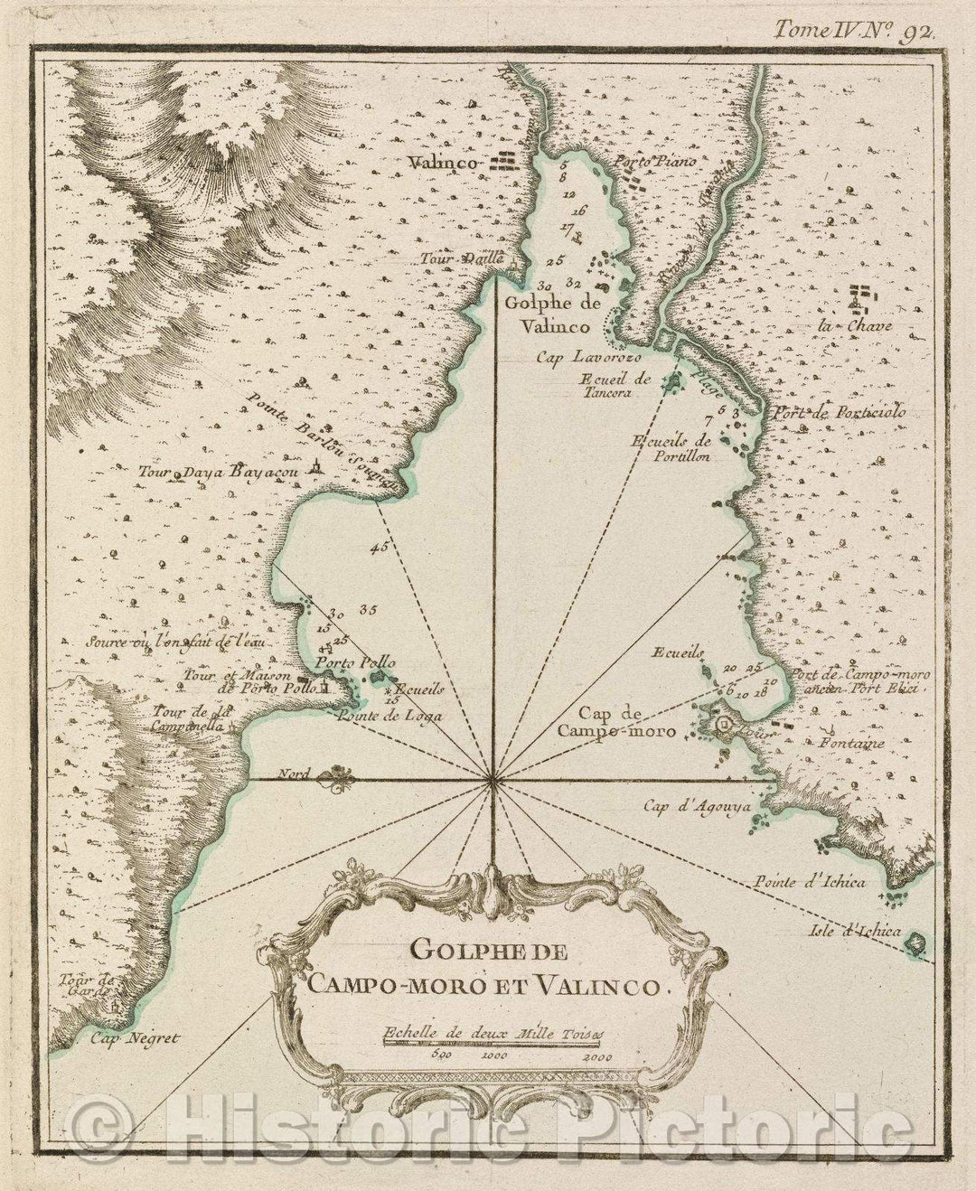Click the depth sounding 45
(x=378, y=547)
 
